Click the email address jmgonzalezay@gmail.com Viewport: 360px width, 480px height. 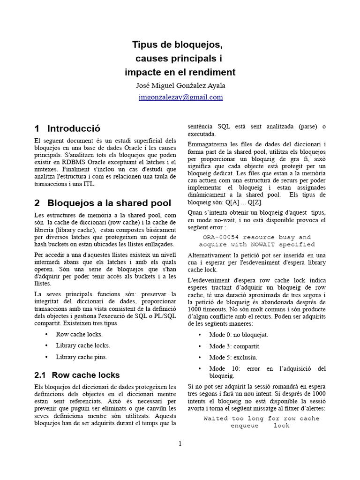tap(180, 97)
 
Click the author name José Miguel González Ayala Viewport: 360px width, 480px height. tap(180, 85)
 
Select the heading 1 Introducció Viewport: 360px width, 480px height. tap(67, 128)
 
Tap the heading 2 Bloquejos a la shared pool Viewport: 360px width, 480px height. tap(103, 203)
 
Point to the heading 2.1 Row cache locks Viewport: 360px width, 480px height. tap(77, 375)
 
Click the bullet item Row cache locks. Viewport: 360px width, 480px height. tap(79, 334)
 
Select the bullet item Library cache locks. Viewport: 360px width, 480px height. tap(83, 345)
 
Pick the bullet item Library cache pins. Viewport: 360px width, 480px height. tap(82, 357)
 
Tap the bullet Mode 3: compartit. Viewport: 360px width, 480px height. tap(234, 346)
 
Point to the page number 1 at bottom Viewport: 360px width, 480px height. tap(180, 444)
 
